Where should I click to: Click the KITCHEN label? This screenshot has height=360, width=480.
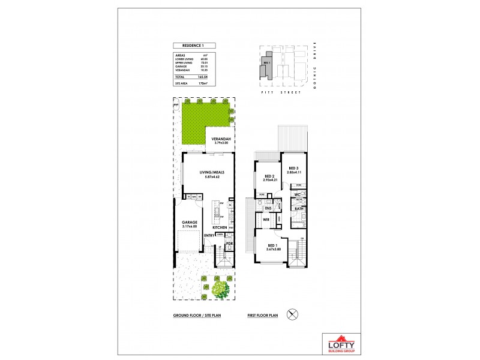tap(219, 227)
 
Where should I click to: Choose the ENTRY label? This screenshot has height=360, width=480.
tap(209, 235)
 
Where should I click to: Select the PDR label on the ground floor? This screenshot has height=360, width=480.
tap(229, 243)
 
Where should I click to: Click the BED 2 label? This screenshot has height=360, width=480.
tap(269, 176)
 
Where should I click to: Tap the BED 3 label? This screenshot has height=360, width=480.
tap(294, 168)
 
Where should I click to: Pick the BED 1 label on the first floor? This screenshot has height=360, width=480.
tap(272, 247)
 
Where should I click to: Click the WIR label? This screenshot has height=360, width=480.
tap(266, 220)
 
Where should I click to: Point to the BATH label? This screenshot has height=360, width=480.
tap(298, 208)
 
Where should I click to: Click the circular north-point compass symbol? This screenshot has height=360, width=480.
tap(293, 314)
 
